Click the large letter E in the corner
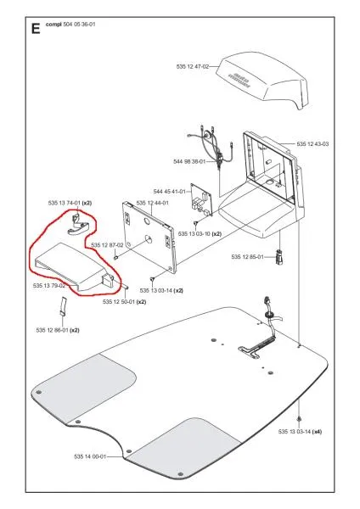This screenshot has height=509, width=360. [36, 29]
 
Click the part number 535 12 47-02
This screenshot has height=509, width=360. [193, 66]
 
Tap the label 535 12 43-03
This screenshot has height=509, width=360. [312, 144]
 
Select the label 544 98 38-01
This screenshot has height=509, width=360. [189, 161]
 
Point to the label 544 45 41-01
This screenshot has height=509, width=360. [169, 192]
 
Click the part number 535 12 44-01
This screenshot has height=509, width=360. [152, 204]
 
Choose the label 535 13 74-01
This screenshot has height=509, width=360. [64, 204]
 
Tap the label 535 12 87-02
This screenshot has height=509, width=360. [107, 245]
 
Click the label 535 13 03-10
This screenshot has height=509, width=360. [194, 234]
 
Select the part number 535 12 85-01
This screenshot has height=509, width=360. [248, 257]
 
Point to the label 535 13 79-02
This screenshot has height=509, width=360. [49, 286]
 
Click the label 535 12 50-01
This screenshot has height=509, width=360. [119, 301]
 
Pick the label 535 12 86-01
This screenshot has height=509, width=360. [53, 330]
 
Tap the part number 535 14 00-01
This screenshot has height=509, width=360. [90, 456]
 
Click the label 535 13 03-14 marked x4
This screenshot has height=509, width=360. [295, 432]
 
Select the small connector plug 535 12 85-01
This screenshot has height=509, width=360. [279, 257]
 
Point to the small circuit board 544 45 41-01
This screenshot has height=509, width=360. [200, 199]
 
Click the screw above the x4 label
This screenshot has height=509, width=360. [299, 419]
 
